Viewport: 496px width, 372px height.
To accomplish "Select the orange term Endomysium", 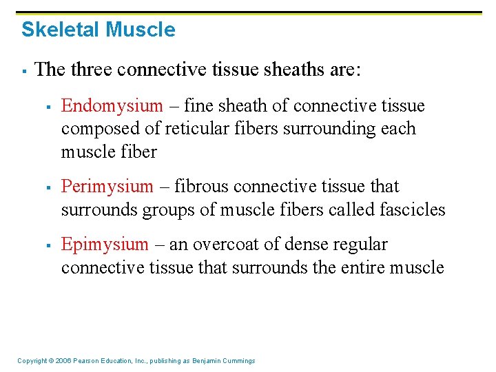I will [x=112, y=105].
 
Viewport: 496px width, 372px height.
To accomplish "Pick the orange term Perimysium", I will [x=107, y=186].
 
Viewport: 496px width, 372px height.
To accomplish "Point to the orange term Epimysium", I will [x=105, y=244].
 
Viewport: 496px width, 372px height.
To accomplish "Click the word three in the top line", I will [x=91, y=69].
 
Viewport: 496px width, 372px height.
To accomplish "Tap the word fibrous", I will [x=203, y=186].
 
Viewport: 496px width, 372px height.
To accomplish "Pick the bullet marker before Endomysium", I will [x=48, y=107].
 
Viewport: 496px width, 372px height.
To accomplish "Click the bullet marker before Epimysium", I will [x=48, y=245].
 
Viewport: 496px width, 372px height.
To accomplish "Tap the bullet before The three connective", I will [x=24, y=70].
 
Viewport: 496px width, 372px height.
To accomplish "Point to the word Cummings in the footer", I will [x=237, y=361].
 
